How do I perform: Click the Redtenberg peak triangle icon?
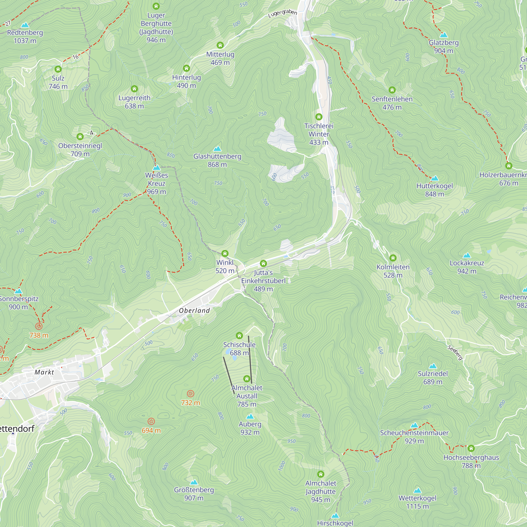pyautogui.click(x=25, y=25)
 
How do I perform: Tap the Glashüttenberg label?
pyautogui.click(x=217, y=157)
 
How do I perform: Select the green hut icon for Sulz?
pyautogui.click(x=58, y=69)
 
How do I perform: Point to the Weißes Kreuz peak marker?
pyautogui.click(x=157, y=168)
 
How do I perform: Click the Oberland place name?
pyautogui.click(x=194, y=310)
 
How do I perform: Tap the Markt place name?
pyautogui.click(x=44, y=372)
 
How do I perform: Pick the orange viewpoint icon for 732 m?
pyautogui.click(x=191, y=394)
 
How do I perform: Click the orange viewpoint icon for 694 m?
pyautogui.click(x=151, y=421)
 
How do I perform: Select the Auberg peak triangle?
pyautogui.click(x=250, y=417)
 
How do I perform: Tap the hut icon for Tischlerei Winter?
pyautogui.click(x=319, y=117)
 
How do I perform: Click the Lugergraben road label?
pyautogui.click(x=282, y=13)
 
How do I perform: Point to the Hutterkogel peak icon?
pyautogui.click(x=435, y=178)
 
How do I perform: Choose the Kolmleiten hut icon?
pyautogui.click(x=393, y=258)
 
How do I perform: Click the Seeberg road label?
pyautogui.click(x=455, y=352)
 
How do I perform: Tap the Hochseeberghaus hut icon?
pyautogui.click(x=471, y=448)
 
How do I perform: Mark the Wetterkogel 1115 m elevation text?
pyautogui.click(x=417, y=506)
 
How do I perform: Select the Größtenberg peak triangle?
pyautogui.click(x=194, y=482)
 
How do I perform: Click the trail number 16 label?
pyautogui.click(x=75, y=57)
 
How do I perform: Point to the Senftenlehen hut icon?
pyautogui.click(x=392, y=90)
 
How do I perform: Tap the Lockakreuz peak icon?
pyautogui.click(x=467, y=255)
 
